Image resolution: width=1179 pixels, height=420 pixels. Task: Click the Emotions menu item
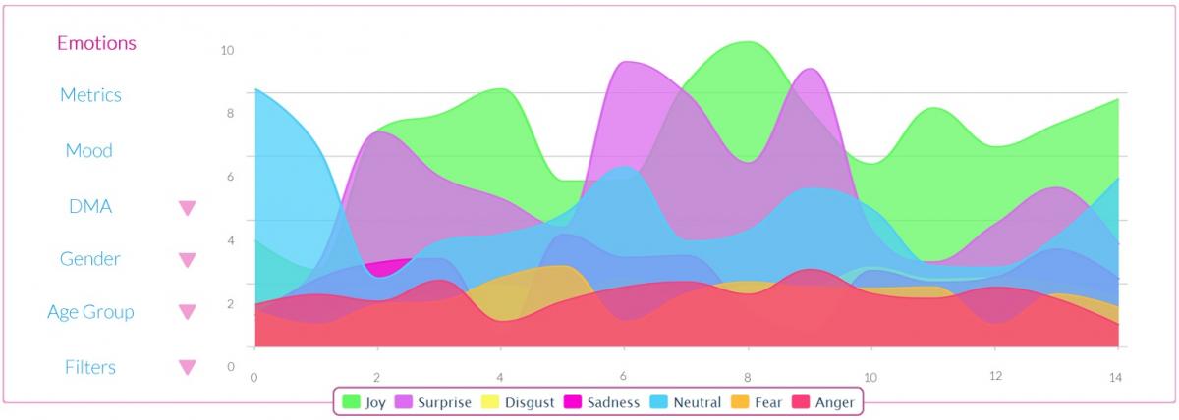pyautogui.click(x=96, y=43)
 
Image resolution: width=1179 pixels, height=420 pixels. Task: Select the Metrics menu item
pyautogui.click(x=90, y=95)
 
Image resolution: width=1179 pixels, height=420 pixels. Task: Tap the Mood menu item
pyautogui.click(x=88, y=151)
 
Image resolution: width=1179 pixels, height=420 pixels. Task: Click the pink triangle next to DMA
pyautogui.click(x=187, y=208)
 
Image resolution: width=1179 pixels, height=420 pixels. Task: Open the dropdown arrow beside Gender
pyautogui.click(x=187, y=260)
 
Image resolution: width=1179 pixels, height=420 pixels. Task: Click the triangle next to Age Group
pyautogui.click(x=187, y=313)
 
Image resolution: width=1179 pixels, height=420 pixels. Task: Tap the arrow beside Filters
pyautogui.click(x=187, y=368)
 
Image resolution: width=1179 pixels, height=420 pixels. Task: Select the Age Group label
pyautogui.click(x=90, y=313)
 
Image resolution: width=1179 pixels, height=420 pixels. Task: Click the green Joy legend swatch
pyautogui.click(x=351, y=401)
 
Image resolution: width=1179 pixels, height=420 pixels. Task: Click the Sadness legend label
pyautogui.click(x=612, y=402)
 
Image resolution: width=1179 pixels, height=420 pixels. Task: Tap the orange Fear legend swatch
pyautogui.click(x=742, y=401)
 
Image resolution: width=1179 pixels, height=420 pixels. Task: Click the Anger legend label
pyautogui.click(x=834, y=402)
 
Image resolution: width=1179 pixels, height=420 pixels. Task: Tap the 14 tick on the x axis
pyautogui.click(x=1115, y=377)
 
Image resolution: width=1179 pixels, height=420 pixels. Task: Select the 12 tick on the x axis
pyautogui.click(x=993, y=377)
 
